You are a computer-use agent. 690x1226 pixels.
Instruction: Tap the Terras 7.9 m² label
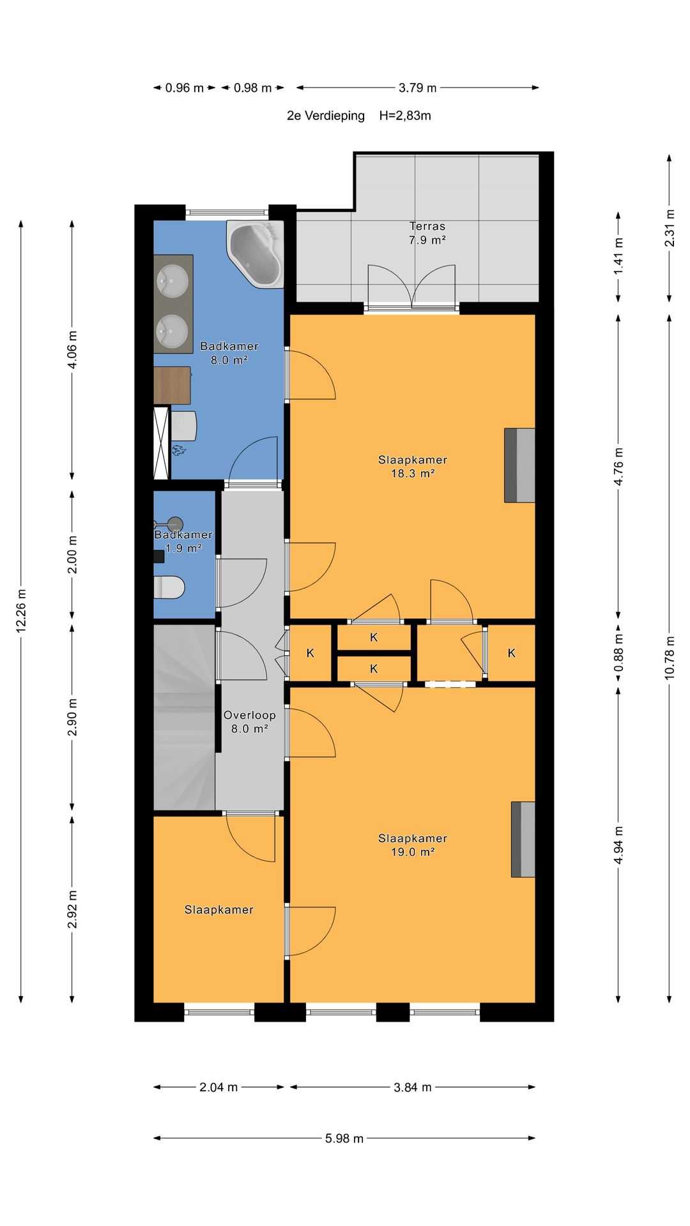(x=427, y=233)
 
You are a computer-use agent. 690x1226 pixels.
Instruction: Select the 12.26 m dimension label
(x=21, y=611)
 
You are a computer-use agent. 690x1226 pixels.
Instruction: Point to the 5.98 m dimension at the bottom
(x=344, y=1138)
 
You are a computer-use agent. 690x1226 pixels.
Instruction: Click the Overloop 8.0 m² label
(x=249, y=722)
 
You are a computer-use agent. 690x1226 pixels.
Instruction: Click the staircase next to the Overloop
(x=184, y=717)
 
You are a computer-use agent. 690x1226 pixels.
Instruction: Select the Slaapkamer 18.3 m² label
(x=413, y=466)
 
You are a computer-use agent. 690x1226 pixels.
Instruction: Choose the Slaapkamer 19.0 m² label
(x=413, y=845)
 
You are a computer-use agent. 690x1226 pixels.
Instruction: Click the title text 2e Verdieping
(x=326, y=116)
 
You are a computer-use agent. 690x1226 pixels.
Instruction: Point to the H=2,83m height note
(x=405, y=116)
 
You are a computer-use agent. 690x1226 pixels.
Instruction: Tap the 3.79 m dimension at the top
(x=418, y=87)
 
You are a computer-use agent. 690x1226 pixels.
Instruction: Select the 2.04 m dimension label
(x=218, y=1087)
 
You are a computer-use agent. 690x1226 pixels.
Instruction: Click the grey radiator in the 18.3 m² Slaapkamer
(x=519, y=465)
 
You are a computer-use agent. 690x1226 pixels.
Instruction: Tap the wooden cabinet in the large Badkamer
(x=172, y=385)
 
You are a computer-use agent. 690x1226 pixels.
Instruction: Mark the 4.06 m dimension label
(x=72, y=349)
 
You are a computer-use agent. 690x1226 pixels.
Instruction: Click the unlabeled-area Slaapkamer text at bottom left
(x=219, y=909)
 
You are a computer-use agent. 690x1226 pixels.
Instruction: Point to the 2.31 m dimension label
(x=670, y=228)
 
